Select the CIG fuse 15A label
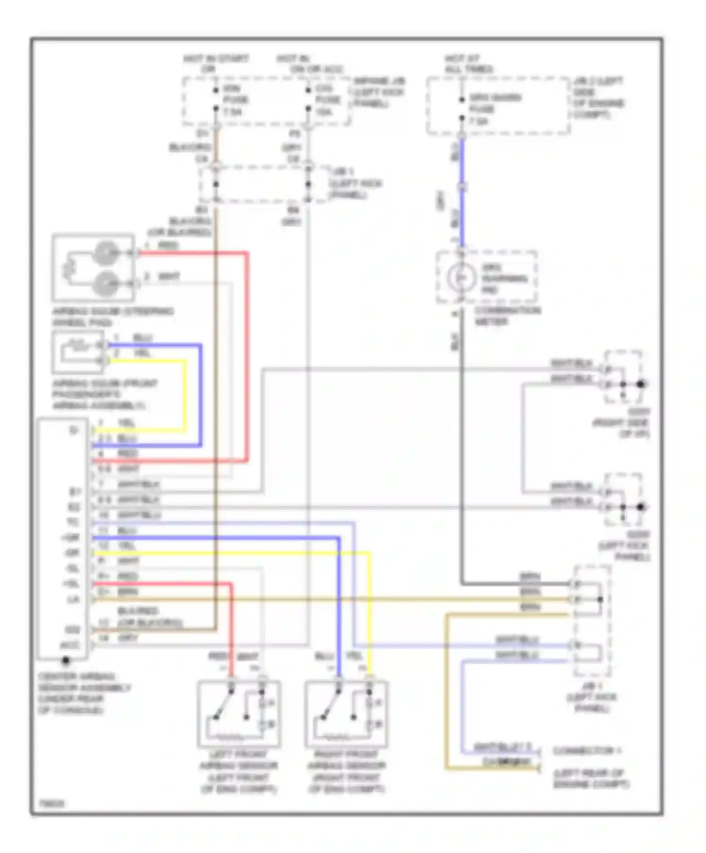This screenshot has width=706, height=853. pos(327,100)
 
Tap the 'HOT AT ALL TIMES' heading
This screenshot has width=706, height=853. pos(468,64)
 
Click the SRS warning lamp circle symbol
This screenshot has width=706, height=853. pos(460,278)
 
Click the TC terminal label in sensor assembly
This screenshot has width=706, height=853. pos(73,522)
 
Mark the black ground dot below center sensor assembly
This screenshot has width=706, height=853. pos(66,661)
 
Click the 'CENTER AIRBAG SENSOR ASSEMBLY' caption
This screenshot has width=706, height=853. pos(83,693)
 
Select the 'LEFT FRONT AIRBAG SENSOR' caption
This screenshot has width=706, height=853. pos(239,771)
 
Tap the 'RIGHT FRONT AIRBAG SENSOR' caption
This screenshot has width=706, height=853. pos(346,771)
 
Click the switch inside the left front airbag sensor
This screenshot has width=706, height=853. pos(224,703)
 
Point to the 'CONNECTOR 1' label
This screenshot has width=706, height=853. pos(586,751)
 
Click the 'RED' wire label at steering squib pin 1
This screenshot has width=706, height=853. pos(168,246)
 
